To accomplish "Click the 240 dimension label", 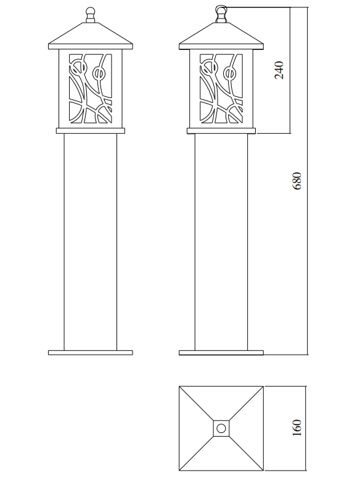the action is pyautogui.click(x=279, y=70).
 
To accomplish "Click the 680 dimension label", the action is pyautogui.click(x=297, y=181).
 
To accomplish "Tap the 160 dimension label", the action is pyautogui.click(x=297, y=427).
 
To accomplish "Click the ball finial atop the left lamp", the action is pyautogui.click(x=90, y=15).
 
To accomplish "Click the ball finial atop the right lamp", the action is pyautogui.click(x=221, y=15).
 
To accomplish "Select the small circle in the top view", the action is pyautogui.click(x=221, y=428).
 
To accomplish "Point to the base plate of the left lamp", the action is pyautogui.click(x=91, y=353).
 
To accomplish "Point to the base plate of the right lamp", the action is pyautogui.click(x=221, y=353).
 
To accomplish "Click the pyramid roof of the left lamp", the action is pyautogui.click(x=91, y=36).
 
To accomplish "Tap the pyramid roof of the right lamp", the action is pyautogui.click(x=221, y=36).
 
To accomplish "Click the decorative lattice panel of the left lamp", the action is pyautogui.click(x=91, y=89).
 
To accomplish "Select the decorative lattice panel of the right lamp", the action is pyautogui.click(x=221, y=89).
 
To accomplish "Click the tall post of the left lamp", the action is pyautogui.click(x=91, y=242).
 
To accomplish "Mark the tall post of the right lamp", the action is pyautogui.click(x=221, y=242).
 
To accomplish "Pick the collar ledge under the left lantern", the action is pyautogui.click(x=91, y=131).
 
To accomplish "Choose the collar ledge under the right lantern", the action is pyautogui.click(x=221, y=131).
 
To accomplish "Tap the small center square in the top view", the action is pyautogui.click(x=221, y=428).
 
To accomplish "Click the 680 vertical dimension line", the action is pyautogui.click(x=308, y=181).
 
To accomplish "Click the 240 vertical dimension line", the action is pyautogui.click(x=290, y=70).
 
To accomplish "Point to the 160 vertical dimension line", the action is pyautogui.click(x=306, y=428).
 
